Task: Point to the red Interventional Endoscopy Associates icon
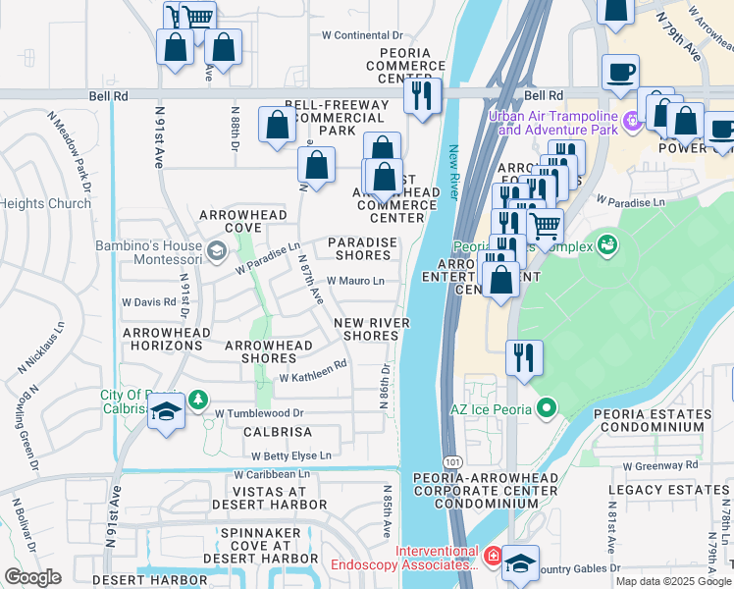tap(493, 558)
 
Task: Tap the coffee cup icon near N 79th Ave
tap(621, 73)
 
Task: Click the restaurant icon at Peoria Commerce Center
tap(423, 96)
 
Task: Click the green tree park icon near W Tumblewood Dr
tap(198, 400)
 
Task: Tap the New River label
tap(454, 172)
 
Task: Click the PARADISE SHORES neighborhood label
tap(362, 249)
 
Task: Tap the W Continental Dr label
tap(362, 35)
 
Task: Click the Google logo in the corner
tap(32, 577)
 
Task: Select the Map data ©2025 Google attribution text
tap(674, 581)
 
